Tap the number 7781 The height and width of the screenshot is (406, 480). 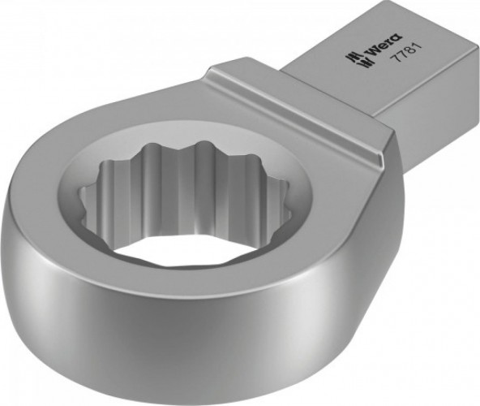coord(402,62)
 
